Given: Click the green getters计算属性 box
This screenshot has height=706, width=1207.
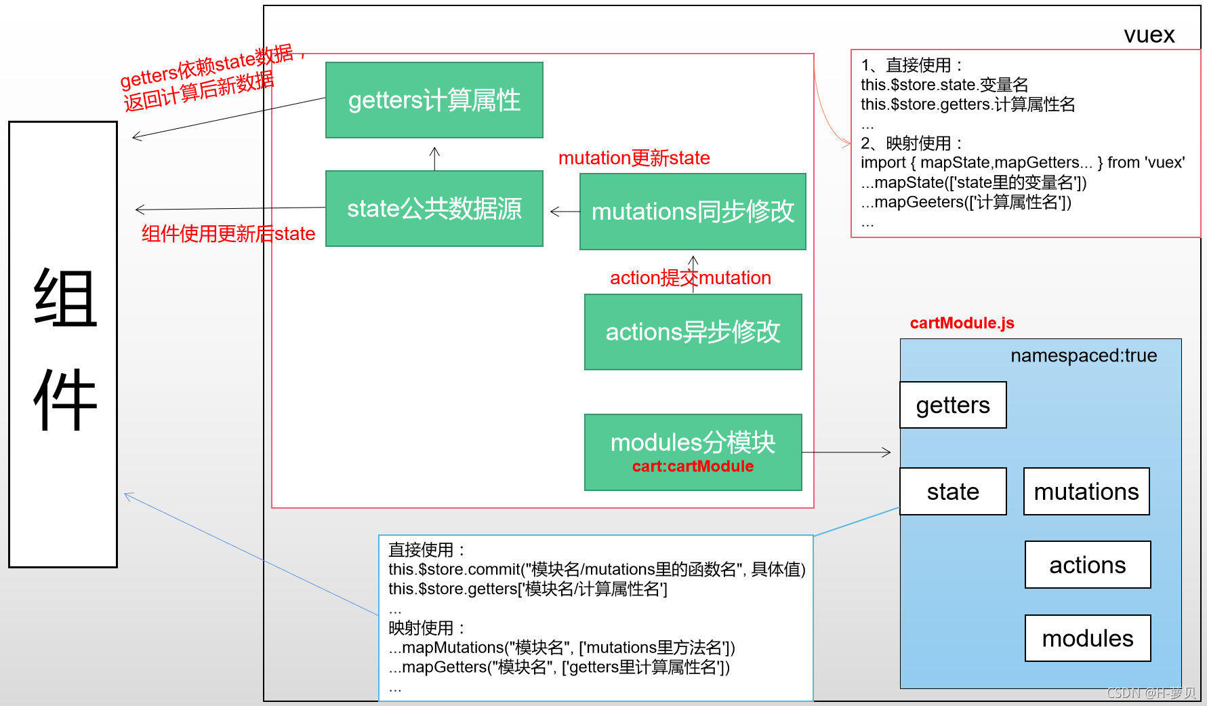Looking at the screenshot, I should (434, 100).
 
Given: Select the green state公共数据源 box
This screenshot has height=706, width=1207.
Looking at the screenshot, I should (434, 209).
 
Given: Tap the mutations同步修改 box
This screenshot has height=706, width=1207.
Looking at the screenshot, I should (693, 212).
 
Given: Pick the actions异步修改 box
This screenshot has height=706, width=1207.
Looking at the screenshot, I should (693, 332).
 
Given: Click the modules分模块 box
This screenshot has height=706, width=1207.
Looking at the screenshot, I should (693, 442).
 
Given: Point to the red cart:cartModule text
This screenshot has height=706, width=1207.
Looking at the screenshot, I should (693, 467).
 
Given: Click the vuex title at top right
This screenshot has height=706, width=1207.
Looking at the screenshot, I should (1149, 35).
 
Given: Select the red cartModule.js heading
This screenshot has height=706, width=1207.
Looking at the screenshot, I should (962, 323).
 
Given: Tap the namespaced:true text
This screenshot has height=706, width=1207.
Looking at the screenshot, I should (1083, 355).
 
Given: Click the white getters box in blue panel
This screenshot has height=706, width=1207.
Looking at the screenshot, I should (953, 405).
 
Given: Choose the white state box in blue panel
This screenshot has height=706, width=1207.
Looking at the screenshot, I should (953, 492).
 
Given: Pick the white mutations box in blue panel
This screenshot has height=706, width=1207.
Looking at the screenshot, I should (1086, 492).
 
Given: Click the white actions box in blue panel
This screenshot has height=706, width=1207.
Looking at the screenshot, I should (1087, 565).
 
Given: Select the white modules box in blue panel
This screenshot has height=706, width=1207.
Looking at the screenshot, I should (1087, 638).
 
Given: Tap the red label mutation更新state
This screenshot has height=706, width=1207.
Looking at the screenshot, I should (634, 158).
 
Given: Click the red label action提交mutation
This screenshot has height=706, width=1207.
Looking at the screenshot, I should (690, 278).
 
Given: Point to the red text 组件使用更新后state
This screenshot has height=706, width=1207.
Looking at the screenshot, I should (228, 234).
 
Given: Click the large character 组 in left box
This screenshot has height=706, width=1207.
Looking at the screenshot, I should (65, 298).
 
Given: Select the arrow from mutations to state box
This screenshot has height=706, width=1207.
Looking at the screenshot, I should (565, 212).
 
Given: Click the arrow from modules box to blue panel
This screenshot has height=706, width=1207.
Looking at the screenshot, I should (847, 452).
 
